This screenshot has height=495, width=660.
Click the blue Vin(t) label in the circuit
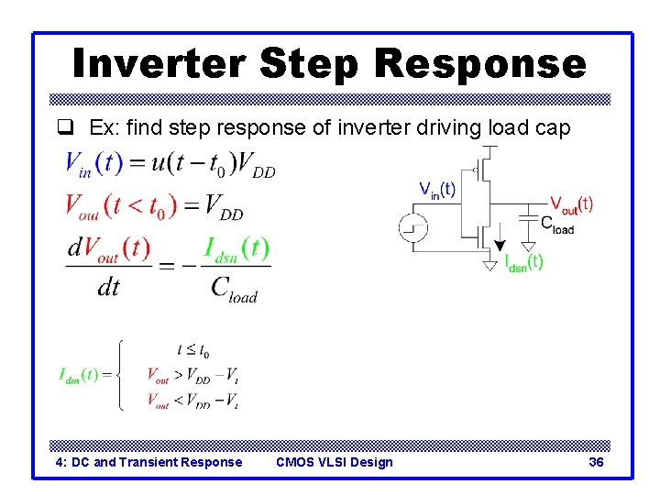point(437,190)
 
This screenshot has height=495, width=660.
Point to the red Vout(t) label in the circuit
point(571,203)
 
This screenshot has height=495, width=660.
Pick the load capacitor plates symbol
point(529,216)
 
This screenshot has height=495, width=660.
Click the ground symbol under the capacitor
point(529,246)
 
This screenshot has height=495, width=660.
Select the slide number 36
point(596,462)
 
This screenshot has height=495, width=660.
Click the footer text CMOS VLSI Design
point(334,462)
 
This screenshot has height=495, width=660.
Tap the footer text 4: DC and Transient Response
point(149,462)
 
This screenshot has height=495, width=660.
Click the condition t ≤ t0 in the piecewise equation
point(193,349)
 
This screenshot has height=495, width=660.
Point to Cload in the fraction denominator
point(234,289)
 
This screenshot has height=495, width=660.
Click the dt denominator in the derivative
point(108,288)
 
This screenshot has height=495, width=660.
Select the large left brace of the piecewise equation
point(120,375)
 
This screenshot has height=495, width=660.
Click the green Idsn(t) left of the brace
point(79,375)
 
